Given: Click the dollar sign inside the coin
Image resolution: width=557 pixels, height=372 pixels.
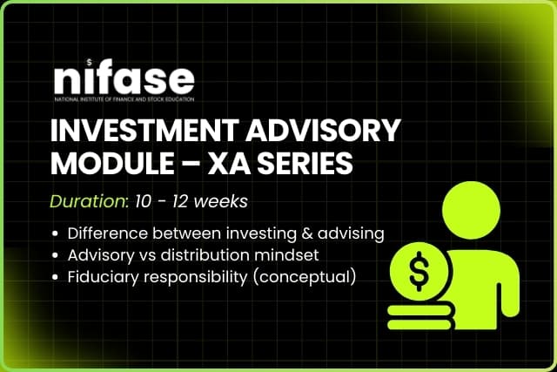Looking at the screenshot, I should pyautogui.click(x=419, y=273).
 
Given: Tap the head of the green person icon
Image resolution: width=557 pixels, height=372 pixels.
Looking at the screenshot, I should pyautogui.click(x=470, y=208).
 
